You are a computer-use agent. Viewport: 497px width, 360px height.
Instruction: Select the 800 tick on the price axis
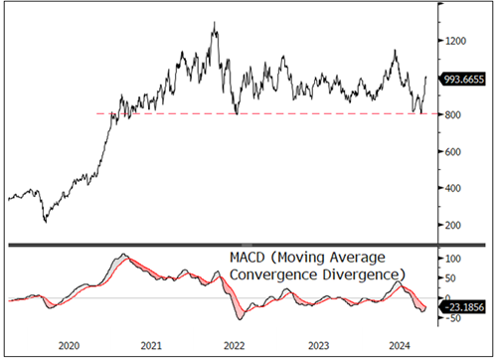pyautogui.click(x=455, y=114)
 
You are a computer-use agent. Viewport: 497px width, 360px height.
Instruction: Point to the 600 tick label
pyautogui.click(x=455, y=151)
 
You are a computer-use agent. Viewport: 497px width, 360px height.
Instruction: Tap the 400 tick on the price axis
pyautogui.click(x=455, y=188)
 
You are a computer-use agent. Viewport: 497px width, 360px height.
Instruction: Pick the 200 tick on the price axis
pyautogui.click(x=455, y=225)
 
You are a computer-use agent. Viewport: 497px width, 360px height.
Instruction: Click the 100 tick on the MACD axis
pyautogui.click(x=453, y=258)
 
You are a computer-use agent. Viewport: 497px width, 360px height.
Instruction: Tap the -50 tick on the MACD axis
pyautogui.click(x=453, y=318)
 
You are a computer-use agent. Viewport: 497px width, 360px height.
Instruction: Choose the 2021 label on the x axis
pyautogui.click(x=150, y=344)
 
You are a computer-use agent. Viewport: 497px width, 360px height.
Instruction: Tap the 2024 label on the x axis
pyautogui.click(x=398, y=344)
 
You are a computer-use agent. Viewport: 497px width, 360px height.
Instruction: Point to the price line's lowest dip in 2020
pyautogui.click(x=45, y=221)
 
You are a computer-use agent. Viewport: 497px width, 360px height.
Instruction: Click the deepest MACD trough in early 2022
pyautogui.click(x=240, y=319)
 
